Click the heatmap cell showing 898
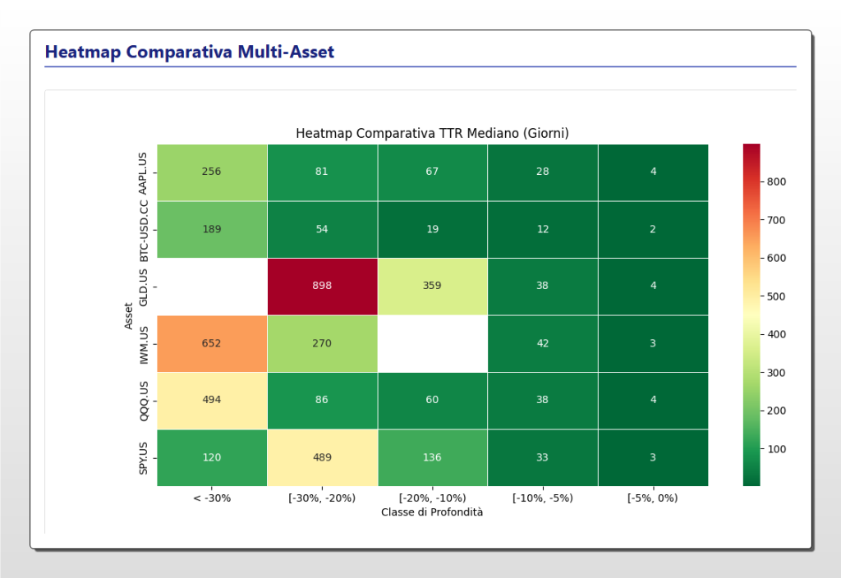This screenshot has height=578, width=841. (322, 286)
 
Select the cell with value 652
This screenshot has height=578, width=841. (212, 343)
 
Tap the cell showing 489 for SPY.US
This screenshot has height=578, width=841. (322, 457)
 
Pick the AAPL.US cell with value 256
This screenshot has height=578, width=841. (212, 172)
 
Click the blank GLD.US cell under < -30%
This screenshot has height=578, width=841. (212, 286)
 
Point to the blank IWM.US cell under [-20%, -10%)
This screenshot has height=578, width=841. (432, 343)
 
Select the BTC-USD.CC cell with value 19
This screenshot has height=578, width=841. (432, 229)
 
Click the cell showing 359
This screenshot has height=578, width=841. (432, 286)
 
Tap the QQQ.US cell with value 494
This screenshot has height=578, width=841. (212, 400)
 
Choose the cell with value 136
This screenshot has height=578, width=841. (432, 457)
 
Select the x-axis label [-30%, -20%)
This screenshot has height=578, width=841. (322, 498)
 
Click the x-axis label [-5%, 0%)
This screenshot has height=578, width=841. (653, 498)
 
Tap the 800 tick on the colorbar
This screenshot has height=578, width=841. (777, 181)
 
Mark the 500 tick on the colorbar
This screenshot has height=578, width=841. (777, 296)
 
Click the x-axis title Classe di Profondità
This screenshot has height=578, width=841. (432, 511)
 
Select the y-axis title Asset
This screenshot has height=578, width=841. (128, 315)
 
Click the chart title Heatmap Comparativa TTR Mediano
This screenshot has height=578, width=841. (432, 133)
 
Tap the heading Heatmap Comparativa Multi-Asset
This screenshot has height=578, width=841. (190, 53)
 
